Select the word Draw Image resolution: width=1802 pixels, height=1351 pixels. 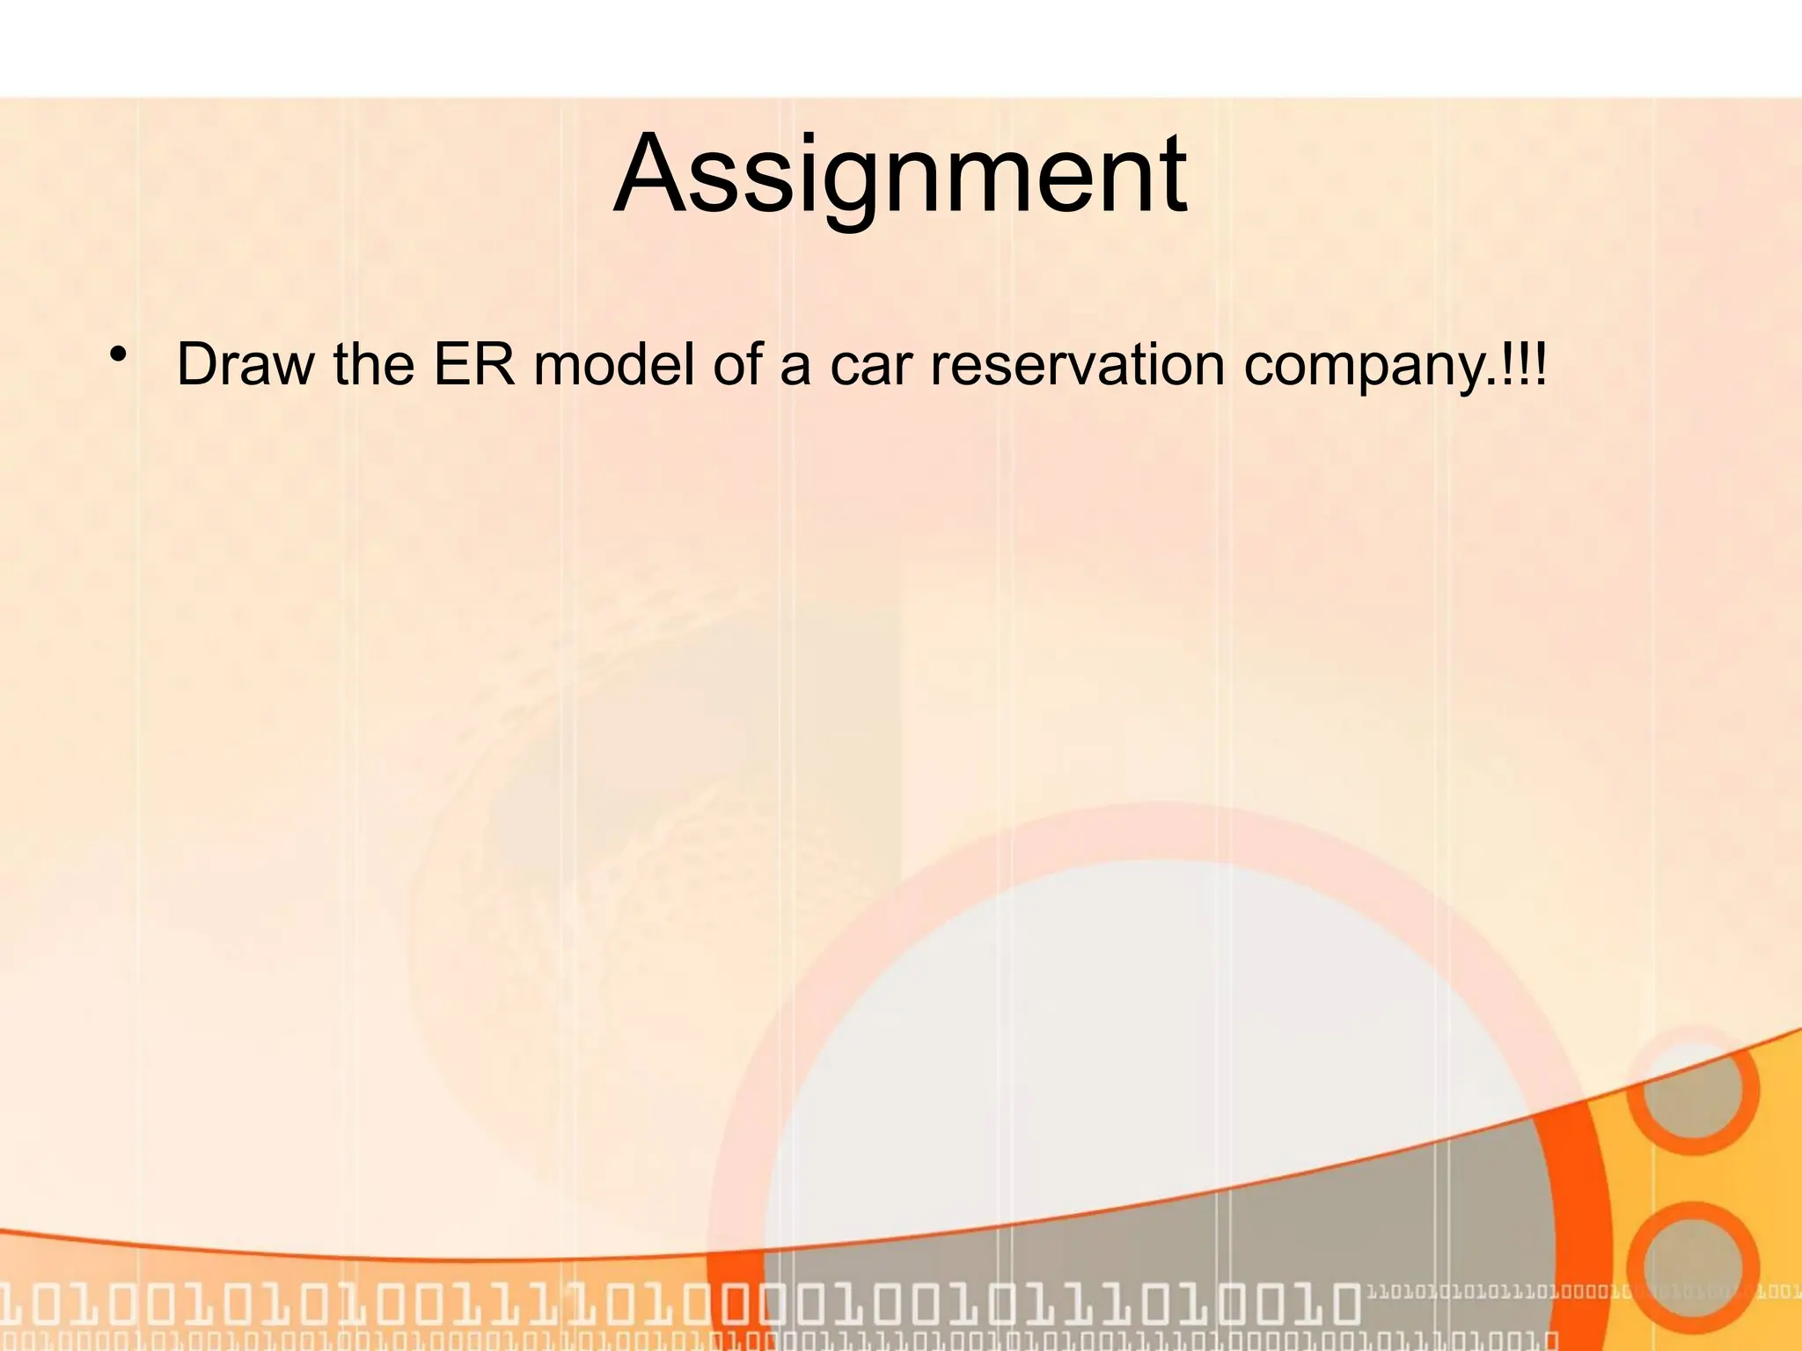tap(244, 363)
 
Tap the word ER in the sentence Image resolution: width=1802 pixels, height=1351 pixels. tap(473, 363)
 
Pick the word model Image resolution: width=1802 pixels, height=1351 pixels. tap(613, 363)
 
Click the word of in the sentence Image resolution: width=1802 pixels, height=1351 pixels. tap(737, 363)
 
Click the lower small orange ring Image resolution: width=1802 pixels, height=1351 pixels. tap(1691, 1267)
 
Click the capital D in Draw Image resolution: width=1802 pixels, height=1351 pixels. tap(199, 363)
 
